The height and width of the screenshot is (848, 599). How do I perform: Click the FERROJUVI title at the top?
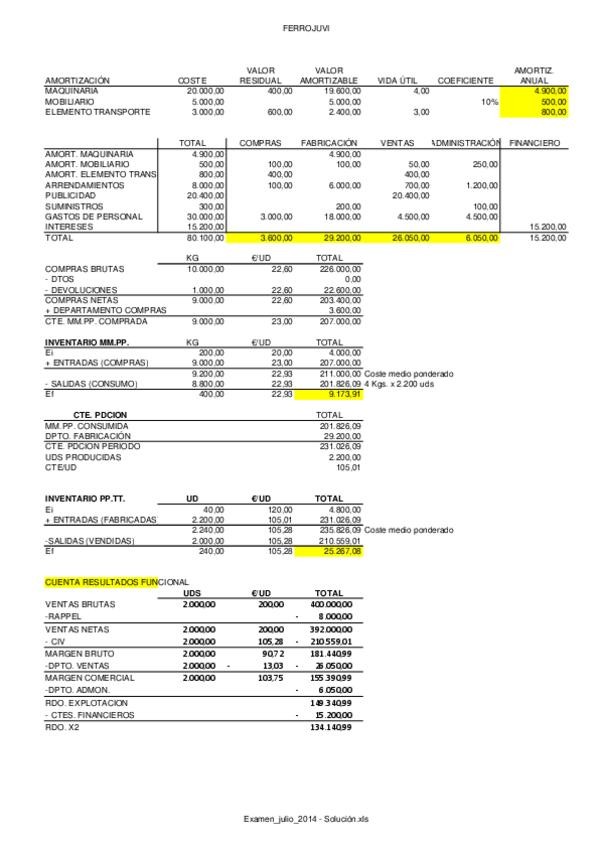(299, 31)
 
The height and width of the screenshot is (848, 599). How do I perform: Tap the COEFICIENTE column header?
(465, 80)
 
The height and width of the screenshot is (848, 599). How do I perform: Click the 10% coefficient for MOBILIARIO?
(489, 101)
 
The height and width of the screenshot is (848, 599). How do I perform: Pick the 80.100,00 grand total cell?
(207, 239)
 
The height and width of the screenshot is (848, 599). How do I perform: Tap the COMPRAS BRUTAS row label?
(81, 269)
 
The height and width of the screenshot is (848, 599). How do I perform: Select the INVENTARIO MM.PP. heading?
(87, 342)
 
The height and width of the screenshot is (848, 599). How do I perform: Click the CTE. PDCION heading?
(101, 414)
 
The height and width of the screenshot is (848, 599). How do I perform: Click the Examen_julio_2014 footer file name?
(299, 818)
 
